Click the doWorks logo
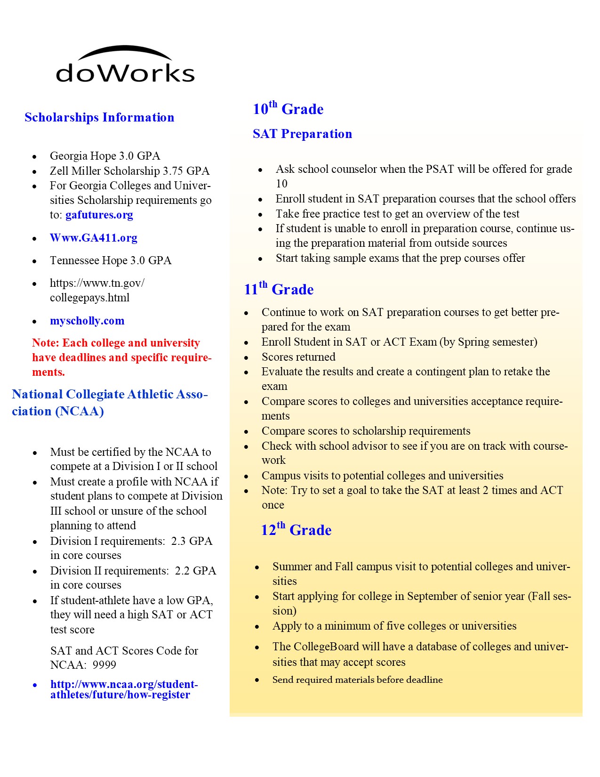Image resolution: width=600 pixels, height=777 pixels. click(125, 66)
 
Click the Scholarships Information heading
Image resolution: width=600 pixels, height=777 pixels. click(99, 117)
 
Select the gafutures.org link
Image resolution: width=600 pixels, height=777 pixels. click(99, 215)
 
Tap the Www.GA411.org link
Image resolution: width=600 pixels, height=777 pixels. click(94, 238)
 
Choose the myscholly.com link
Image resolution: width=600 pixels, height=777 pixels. click(87, 321)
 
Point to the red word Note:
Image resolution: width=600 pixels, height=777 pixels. click(46, 343)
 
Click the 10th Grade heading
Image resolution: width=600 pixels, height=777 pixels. click(288, 109)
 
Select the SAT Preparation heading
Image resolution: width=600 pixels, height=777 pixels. click(302, 134)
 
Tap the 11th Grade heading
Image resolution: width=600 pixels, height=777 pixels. click(279, 289)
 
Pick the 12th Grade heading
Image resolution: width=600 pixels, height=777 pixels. click(296, 530)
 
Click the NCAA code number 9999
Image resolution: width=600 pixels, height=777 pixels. click(104, 665)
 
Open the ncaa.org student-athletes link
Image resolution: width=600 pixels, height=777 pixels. click(124, 689)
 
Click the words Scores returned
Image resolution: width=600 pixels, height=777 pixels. click(298, 357)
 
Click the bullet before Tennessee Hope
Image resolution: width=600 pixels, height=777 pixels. click(34, 261)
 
